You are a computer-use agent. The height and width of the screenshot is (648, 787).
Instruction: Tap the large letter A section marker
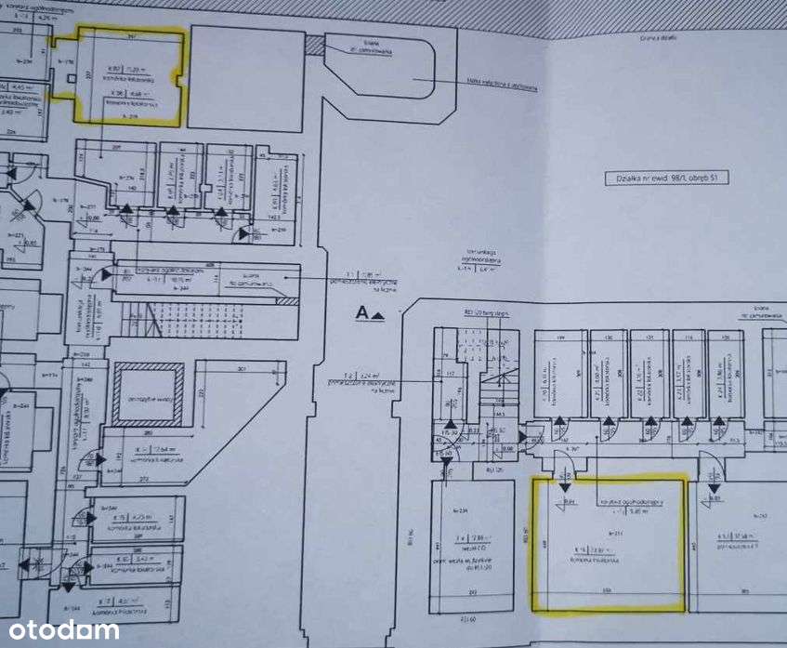point(363,313)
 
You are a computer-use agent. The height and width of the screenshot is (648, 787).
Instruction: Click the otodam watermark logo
point(59,630)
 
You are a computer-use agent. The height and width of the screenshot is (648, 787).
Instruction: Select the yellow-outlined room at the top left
point(130,76)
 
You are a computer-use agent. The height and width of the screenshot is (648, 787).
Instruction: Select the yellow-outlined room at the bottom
point(609,544)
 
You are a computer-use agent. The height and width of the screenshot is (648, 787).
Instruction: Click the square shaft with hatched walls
point(147,393)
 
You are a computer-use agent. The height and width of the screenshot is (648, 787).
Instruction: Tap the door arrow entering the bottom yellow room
point(564,485)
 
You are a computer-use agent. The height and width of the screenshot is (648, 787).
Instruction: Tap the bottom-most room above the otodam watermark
point(130,606)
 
